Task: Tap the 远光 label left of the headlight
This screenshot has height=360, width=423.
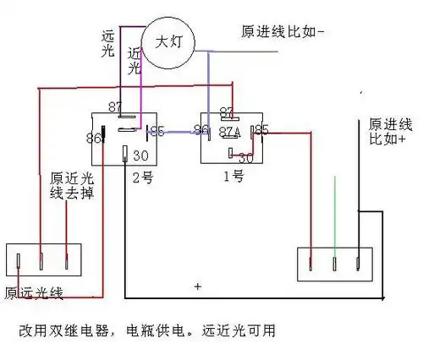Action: (x=107, y=45)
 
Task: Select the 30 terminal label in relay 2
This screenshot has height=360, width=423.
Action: (x=142, y=155)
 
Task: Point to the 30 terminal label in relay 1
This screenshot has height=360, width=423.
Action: (x=245, y=157)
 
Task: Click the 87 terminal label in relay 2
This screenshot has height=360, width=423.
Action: (x=116, y=106)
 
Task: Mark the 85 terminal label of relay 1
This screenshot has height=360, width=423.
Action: (x=262, y=130)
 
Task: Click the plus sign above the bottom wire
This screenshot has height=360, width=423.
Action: (x=197, y=287)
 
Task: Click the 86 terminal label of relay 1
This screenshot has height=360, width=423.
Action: (x=201, y=130)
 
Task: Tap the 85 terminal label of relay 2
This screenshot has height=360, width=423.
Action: (x=156, y=131)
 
